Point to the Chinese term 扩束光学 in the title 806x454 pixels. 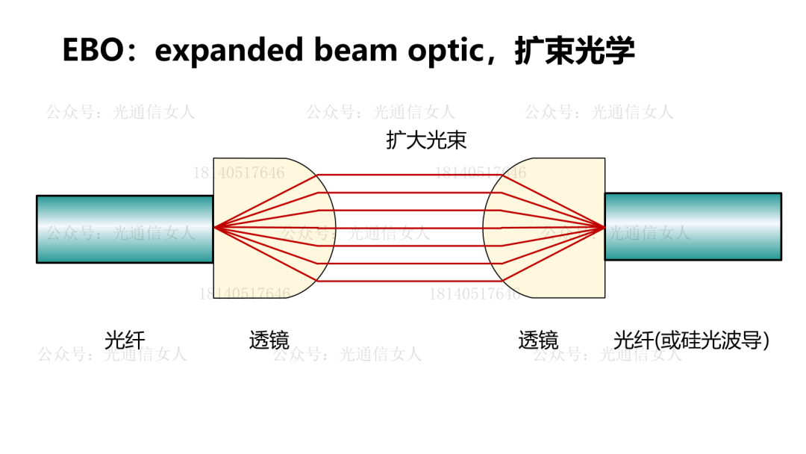575,51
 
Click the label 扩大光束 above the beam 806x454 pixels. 426,140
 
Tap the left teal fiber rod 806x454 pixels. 124,229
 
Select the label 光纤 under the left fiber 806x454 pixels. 125,340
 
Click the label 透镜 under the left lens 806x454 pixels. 269,340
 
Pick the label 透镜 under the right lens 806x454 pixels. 538,340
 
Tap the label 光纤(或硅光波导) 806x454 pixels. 691,340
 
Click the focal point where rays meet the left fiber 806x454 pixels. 214,226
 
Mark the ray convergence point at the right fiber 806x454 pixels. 604,226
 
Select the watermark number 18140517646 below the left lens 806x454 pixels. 244,293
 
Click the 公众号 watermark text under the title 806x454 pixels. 120,112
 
